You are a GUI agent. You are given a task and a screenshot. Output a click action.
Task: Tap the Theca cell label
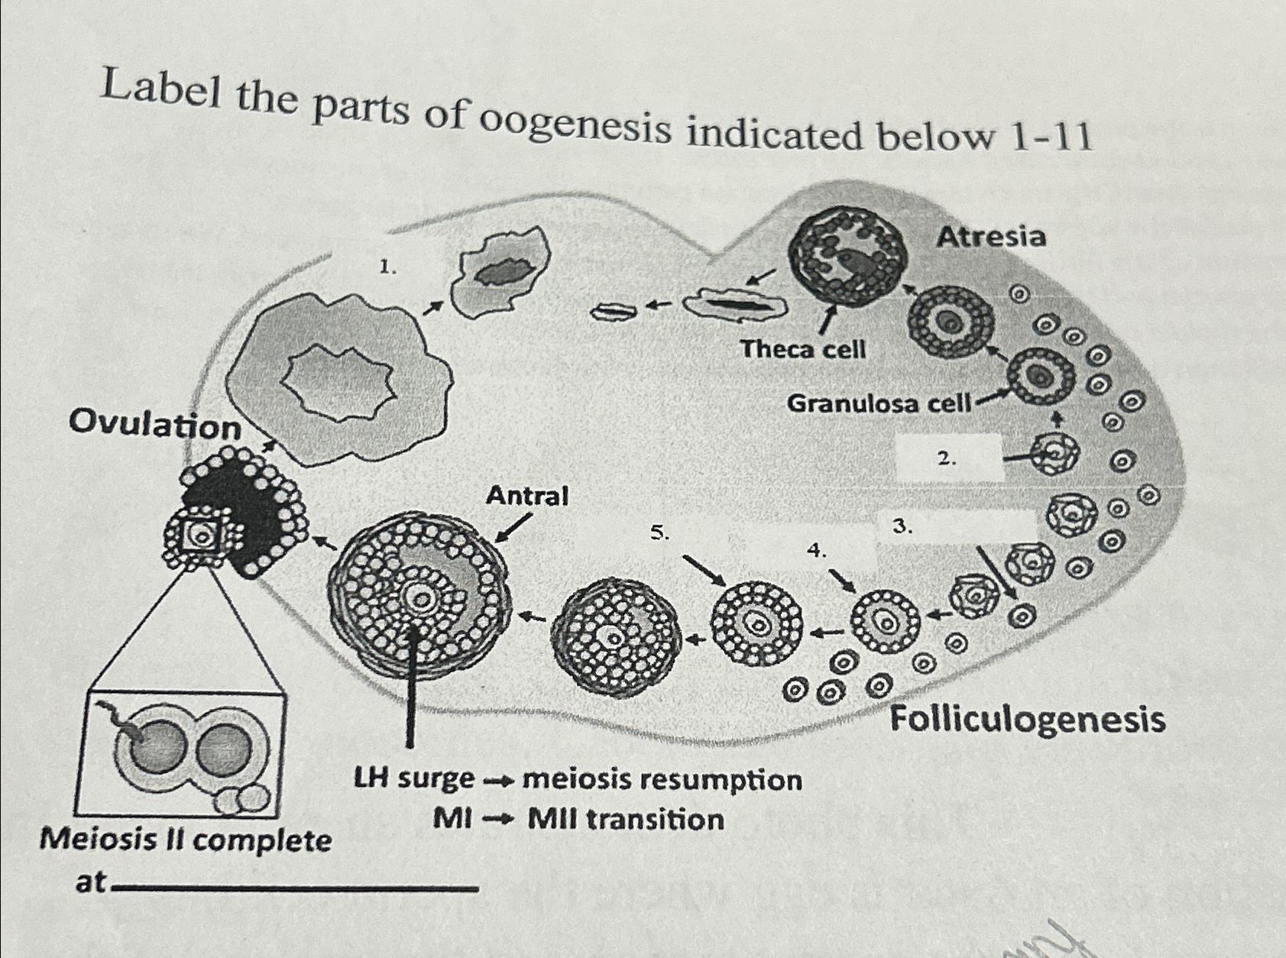[x=803, y=350]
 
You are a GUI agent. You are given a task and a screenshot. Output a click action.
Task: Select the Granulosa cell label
[x=878, y=403]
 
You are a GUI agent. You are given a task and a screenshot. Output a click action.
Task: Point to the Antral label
[x=527, y=496]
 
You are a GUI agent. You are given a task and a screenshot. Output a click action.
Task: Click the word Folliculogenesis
[x=1028, y=720]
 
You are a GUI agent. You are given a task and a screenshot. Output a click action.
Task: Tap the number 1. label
[x=388, y=267]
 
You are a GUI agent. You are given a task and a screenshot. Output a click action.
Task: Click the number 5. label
[x=659, y=532]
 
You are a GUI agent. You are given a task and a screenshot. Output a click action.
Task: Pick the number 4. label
[x=817, y=549]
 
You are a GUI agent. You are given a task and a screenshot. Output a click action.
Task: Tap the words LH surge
[x=413, y=780]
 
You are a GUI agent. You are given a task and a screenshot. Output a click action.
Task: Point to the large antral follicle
[x=417, y=597]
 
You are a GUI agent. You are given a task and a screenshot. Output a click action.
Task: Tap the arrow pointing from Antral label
[x=514, y=527]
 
